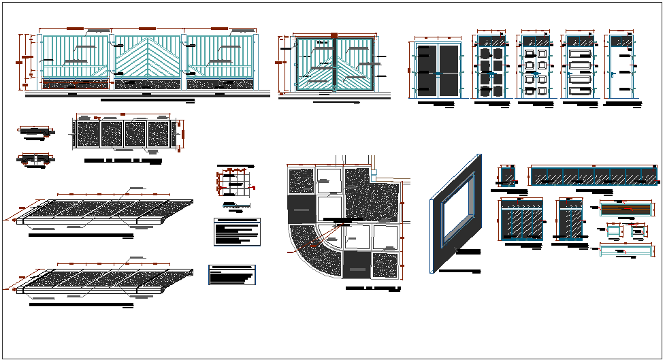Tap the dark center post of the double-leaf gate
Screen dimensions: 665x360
coord(334,64)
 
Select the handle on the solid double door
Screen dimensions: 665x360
coord(439,71)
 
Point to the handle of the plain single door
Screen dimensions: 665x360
coord(613,74)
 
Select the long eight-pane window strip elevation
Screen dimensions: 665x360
coord(593,176)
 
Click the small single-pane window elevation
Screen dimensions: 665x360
coord(507,175)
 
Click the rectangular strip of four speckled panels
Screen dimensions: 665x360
coord(124,133)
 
